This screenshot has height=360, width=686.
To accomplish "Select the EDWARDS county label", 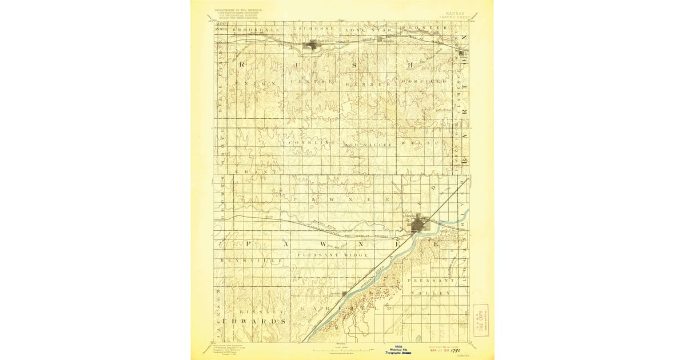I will [252, 322].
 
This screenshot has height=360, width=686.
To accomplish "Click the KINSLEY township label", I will [261, 312].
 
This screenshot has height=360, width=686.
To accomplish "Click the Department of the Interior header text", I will [238, 11].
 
